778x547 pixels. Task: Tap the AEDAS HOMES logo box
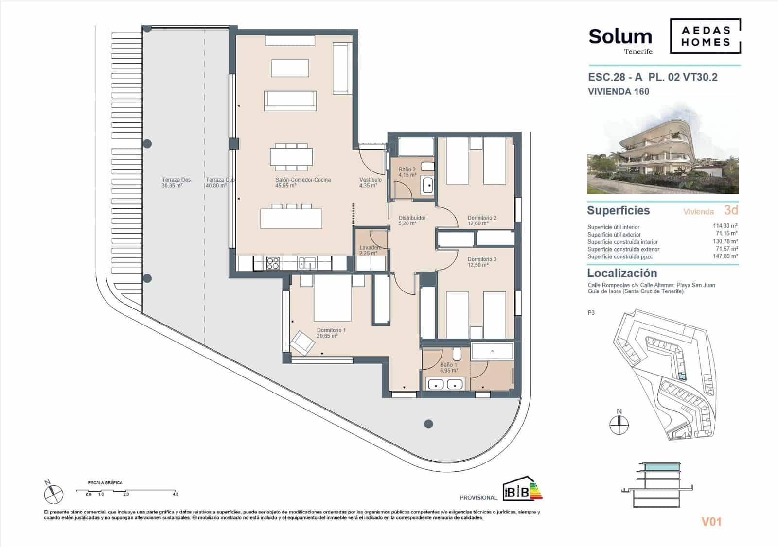706,36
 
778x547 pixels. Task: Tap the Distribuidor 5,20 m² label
412,221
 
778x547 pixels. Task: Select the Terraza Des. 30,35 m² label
177,182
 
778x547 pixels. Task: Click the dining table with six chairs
291,156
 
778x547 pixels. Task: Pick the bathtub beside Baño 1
492,351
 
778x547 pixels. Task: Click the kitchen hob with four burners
273,263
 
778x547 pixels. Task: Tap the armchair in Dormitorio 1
302,342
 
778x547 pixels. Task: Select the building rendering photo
663,148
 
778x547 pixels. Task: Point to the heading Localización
622,273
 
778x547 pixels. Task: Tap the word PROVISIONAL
478,497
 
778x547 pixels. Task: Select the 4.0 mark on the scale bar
176,494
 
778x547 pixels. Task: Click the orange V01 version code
711,522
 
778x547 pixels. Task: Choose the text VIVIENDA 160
618,91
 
